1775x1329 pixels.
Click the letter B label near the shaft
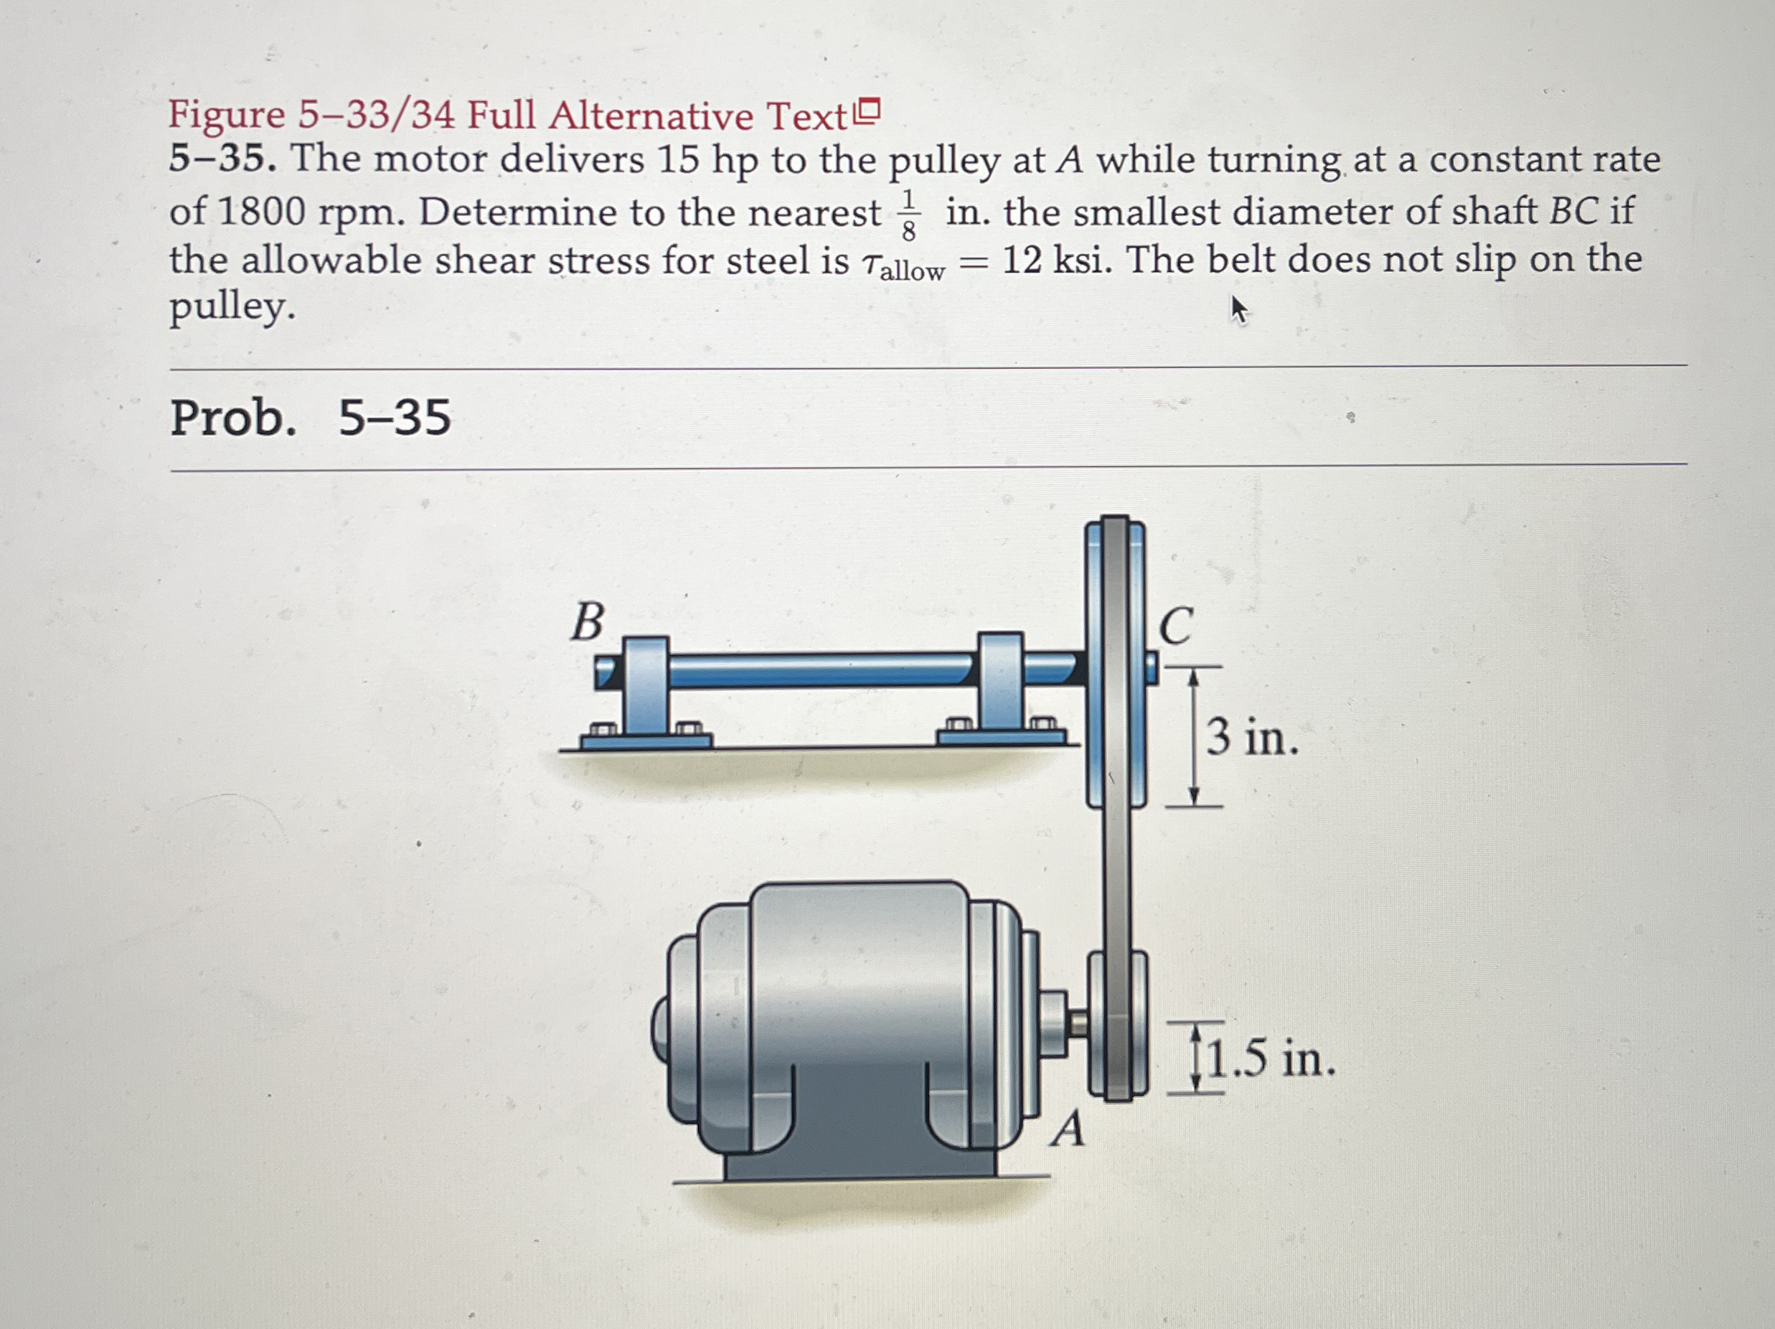(x=588, y=622)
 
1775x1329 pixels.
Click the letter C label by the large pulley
(x=1177, y=626)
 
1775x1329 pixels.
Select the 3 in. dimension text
(x=1252, y=737)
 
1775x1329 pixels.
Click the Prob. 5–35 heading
(x=311, y=418)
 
